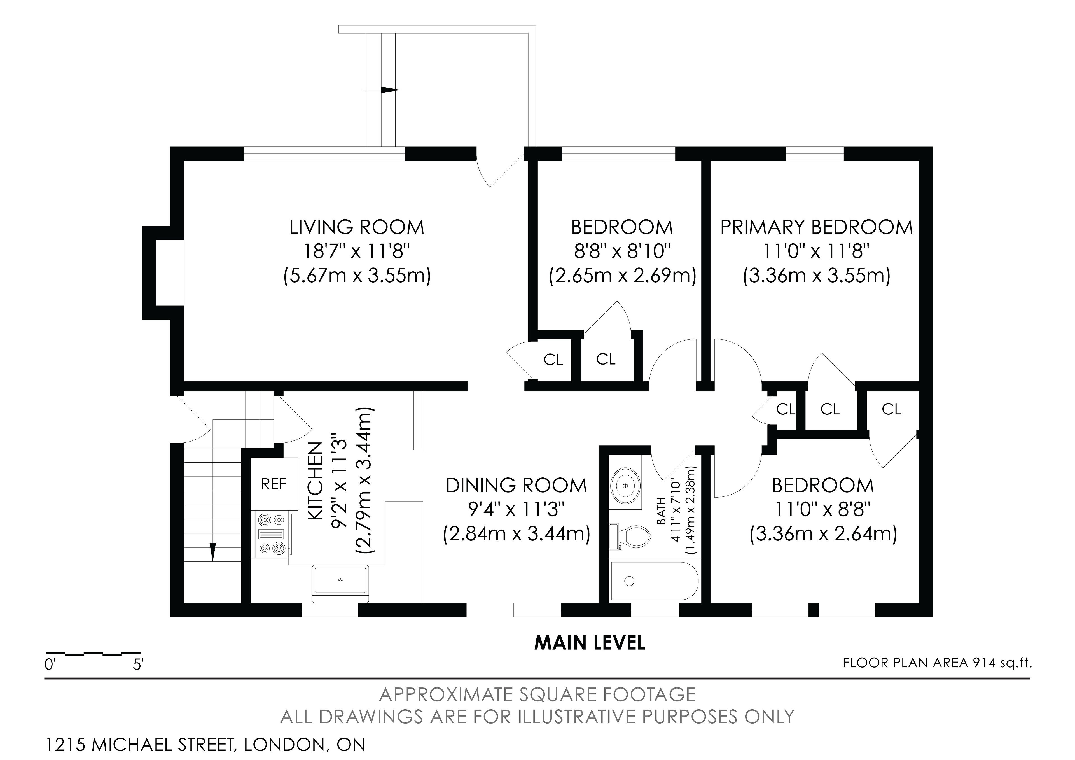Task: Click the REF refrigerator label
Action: click(x=274, y=484)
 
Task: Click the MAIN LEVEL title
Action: click(x=590, y=643)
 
